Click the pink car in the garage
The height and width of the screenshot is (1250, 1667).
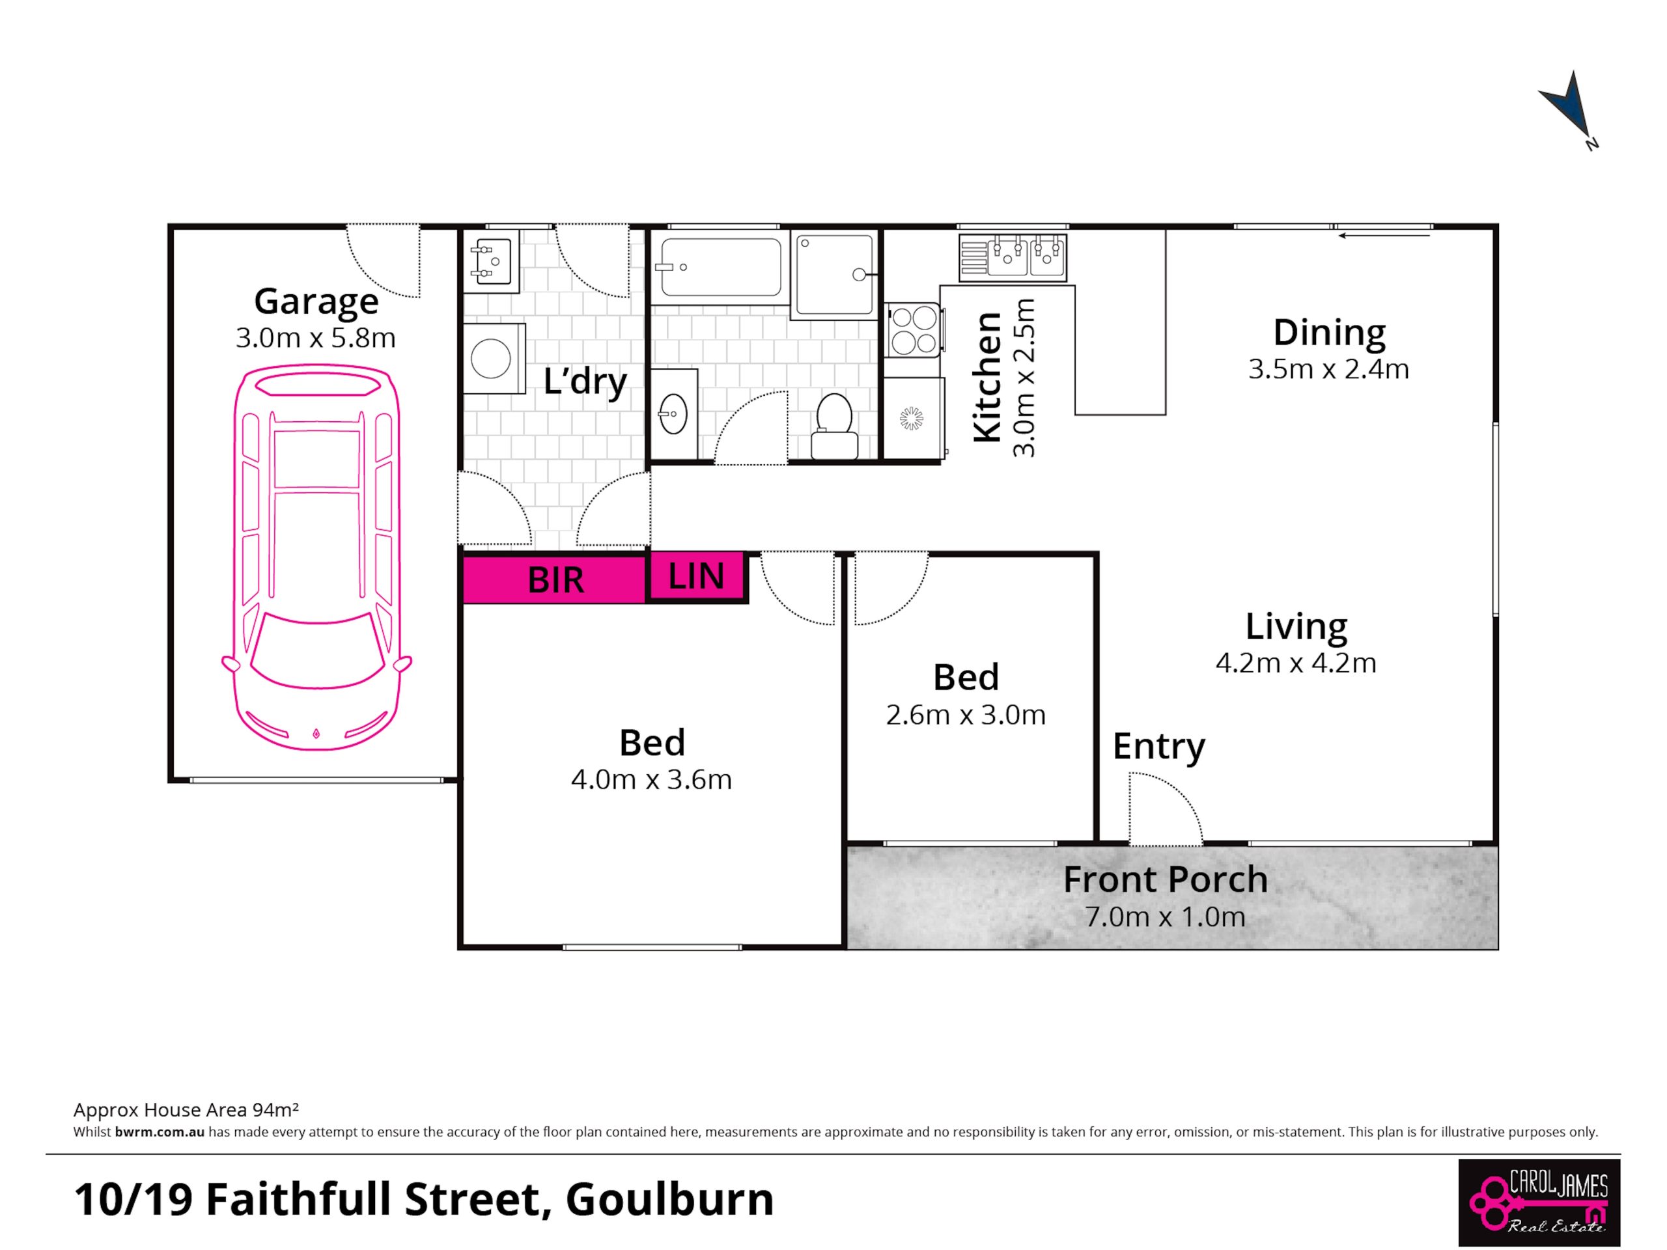(316, 557)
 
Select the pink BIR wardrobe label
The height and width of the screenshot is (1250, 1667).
(555, 579)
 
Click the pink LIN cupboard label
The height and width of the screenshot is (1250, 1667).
(695, 576)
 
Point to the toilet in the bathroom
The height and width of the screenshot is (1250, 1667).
(834, 426)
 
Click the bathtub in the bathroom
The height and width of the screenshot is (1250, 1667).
(720, 268)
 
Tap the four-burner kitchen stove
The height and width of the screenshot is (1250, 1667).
(913, 329)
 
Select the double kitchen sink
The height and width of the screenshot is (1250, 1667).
(1013, 258)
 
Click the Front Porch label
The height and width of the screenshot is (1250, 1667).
(1165, 880)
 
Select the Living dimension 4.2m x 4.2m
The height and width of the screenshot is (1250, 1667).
(1295, 662)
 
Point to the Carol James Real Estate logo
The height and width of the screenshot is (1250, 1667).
(1539, 1202)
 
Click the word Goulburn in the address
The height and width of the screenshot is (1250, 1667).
(670, 1199)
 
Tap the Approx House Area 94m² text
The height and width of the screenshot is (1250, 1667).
(186, 1109)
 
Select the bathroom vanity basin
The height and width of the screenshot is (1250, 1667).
(673, 413)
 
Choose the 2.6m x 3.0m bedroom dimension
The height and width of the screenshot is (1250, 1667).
(966, 714)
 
